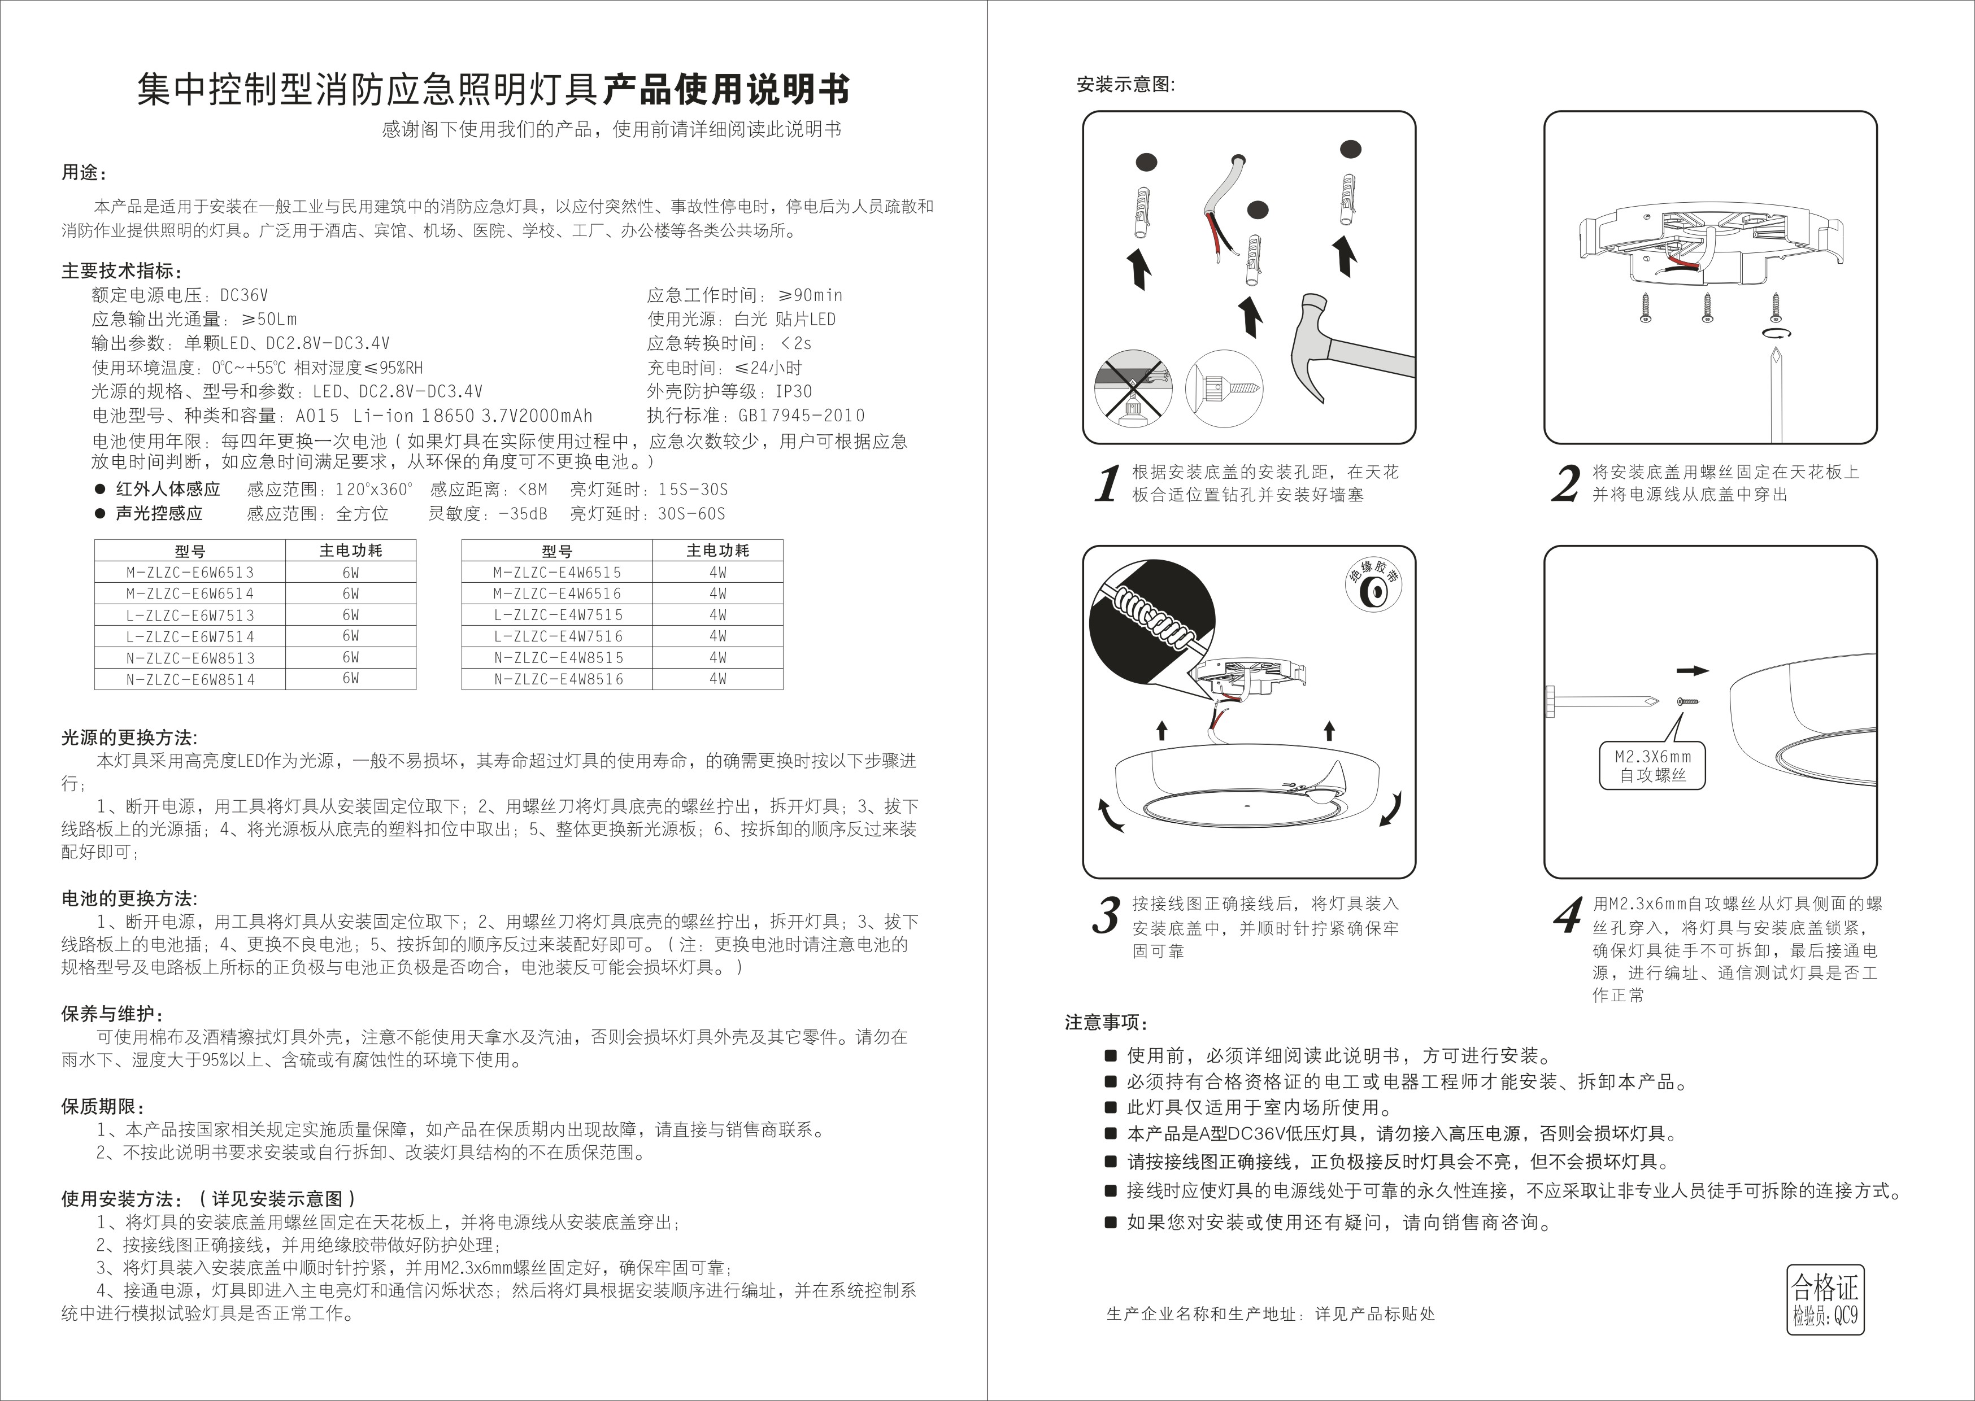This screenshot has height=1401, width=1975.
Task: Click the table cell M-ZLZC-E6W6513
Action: click(x=190, y=573)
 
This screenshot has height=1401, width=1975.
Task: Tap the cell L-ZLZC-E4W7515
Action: click(x=558, y=615)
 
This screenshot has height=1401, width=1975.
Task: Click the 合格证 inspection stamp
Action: click(x=1824, y=1300)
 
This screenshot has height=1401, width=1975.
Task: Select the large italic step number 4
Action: click(x=1567, y=916)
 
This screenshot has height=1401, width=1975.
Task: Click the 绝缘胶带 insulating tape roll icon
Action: click(x=1373, y=586)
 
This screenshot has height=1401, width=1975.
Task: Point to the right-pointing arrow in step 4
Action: click(x=1691, y=670)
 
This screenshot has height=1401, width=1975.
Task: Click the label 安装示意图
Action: click(x=1125, y=85)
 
